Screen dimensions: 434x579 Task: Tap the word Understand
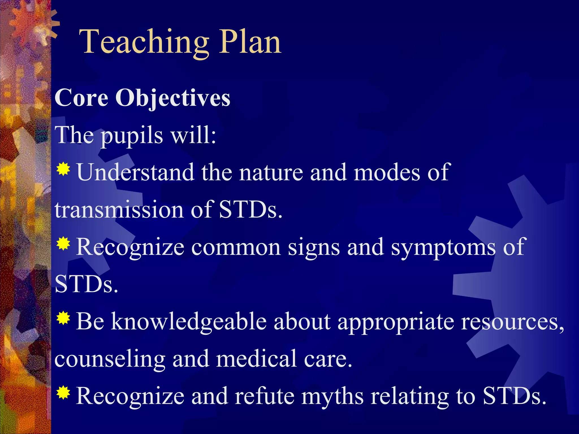pyautogui.click(x=135, y=172)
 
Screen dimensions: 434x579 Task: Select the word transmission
pyautogui.click(x=119, y=210)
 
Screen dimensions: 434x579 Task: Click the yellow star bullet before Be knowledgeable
pyautogui.click(x=63, y=318)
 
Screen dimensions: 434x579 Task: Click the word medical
pyautogui.click(x=257, y=359)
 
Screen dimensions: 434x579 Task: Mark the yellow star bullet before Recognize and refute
pyautogui.click(x=63, y=393)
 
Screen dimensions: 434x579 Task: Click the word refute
pyautogui.click(x=265, y=396)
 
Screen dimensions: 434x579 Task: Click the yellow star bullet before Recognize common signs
pyautogui.click(x=63, y=244)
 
